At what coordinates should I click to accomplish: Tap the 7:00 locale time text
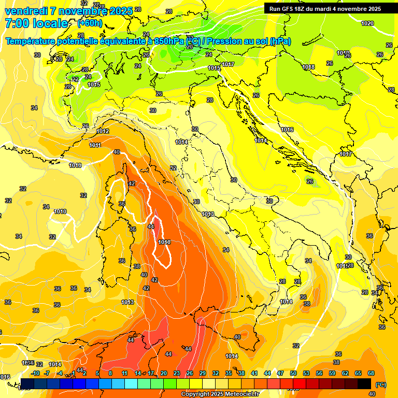[36, 23]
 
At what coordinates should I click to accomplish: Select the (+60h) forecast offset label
[89, 23]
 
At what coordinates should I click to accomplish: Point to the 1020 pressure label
[367, 23]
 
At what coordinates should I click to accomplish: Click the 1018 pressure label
[308, 67]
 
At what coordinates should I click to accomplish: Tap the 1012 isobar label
[103, 132]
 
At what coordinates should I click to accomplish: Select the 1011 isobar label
[95, 145]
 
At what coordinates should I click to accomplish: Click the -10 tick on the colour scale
[35, 373]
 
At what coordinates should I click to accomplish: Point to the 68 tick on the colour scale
[371, 373]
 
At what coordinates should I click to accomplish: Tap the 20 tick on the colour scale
[163, 373]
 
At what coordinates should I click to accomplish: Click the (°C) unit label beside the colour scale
[381, 385]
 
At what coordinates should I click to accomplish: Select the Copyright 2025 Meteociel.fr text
[220, 394]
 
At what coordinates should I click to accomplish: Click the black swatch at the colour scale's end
[364, 383]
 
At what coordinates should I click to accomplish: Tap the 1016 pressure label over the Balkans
[287, 130]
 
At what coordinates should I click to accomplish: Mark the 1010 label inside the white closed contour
[165, 242]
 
